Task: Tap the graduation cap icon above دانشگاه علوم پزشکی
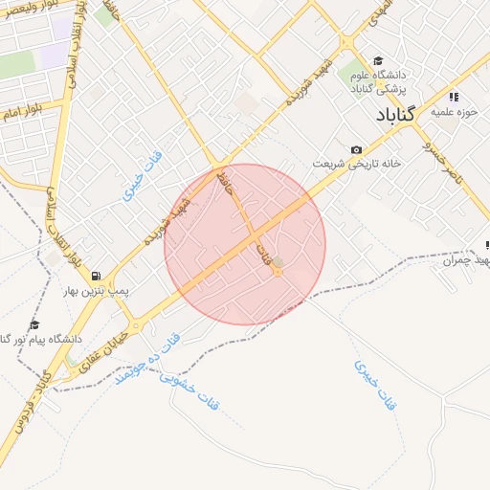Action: click(378, 60)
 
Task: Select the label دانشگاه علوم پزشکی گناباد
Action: click(395, 82)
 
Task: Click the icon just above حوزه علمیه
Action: click(453, 97)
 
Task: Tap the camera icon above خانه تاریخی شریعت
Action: click(356, 149)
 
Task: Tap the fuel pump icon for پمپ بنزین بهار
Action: click(95, 277)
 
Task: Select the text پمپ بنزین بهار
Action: click(96, 290)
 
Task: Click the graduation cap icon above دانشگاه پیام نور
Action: click(35, 326)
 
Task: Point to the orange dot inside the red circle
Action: click(278, 273)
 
